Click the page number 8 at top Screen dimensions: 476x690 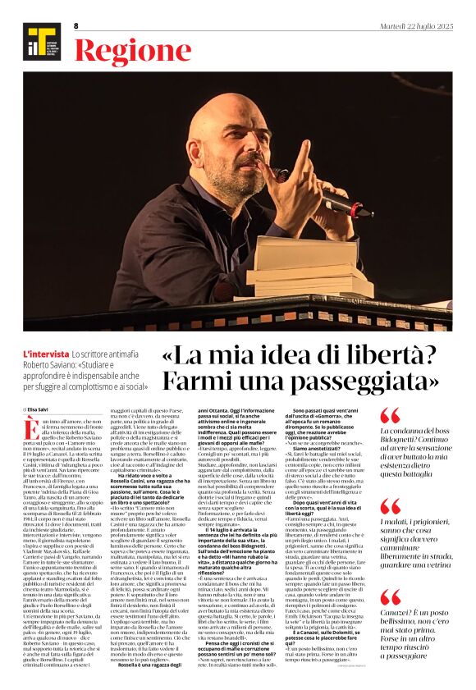(x=76, y=26)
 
